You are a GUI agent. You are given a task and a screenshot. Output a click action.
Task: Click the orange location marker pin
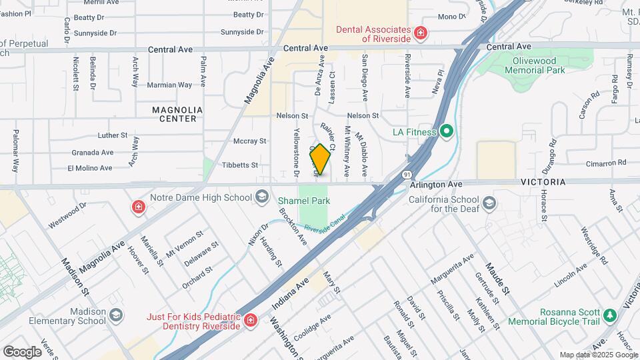click(x=320, y=159)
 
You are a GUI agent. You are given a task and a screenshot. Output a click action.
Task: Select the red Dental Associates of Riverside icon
click(x=420, y=33)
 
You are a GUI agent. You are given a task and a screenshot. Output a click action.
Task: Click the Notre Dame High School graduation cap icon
click(x=263, y=197)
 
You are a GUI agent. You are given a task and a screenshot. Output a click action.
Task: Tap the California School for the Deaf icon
click(x=490, y=203)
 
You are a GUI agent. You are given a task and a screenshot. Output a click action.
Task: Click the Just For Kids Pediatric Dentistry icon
click(x=251, y=321)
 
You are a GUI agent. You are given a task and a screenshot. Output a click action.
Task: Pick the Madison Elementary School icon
click(x=116, y=315)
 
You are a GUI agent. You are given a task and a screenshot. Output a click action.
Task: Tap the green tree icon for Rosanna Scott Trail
click(x=609, y=315)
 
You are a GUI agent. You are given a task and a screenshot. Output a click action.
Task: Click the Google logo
click(x=22, y=351)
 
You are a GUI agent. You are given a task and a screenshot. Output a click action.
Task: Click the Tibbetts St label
click(x=240, y=165)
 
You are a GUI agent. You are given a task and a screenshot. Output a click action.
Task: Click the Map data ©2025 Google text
click(x=597, y=355)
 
